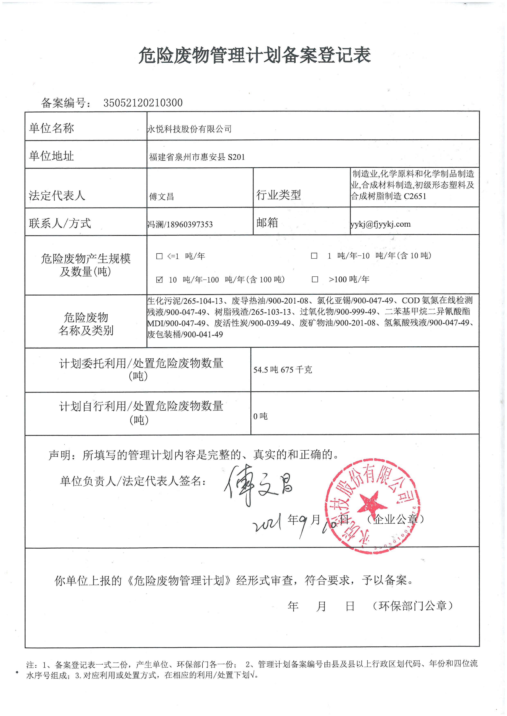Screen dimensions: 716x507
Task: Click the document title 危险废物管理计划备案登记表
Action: point(255,56)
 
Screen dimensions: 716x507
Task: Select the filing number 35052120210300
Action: point(143,103)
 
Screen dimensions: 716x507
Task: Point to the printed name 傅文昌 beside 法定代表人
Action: point(162,196)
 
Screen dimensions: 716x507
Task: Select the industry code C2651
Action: point(415,196)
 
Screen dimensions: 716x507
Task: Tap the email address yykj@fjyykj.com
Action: point(381,224)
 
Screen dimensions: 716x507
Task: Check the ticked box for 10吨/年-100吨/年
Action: point(159,279)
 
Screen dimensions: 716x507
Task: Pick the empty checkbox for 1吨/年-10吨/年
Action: point(314,256)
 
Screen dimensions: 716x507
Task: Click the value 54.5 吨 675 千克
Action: point(283,370)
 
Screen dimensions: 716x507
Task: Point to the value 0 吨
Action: point(260,416)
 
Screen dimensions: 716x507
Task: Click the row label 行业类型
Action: point(278,195)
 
